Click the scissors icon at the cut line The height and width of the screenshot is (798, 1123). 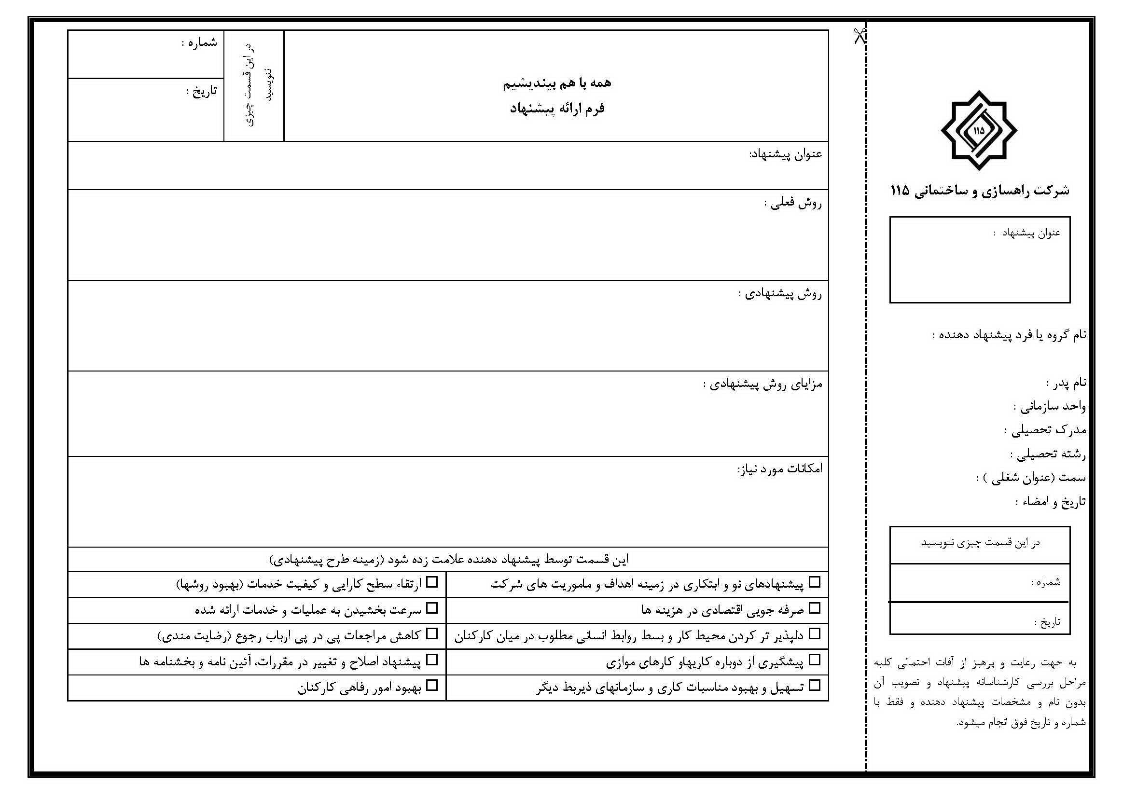pyautogui.click(x=860, y=35)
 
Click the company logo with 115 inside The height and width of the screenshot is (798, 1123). pyautogui.click(x=979, y=131)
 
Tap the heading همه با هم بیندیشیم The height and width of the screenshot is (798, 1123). pyautogui.click(x=557, y=83)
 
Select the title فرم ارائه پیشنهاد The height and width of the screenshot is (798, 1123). pyautogui.click(x=557, y=109)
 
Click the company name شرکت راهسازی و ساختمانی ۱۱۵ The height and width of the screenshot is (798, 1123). pyautogui.click(x=980, y=191)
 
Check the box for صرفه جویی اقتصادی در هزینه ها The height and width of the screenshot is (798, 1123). pyautogui.click(x=814, y=608)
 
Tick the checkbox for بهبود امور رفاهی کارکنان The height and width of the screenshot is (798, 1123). pyautogui.click(x=432, y=686)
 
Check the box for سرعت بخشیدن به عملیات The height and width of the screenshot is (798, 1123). pyautogui.click(x=432, y=608)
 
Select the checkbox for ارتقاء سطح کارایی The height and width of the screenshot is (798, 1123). pyautogui.click(x=432, y=582)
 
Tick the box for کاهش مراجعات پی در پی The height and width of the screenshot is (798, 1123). pyautogui.click(x=432, y=634)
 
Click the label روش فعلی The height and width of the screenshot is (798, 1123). pyautogui.click(x=792, y=203)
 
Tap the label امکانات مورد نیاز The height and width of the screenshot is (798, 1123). pyautogui.click(x=779, y=469)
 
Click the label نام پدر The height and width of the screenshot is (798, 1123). pyautogui.click(x=1066, y=383)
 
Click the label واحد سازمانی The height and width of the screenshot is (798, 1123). pyautogui.click(x=1049, y=406)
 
